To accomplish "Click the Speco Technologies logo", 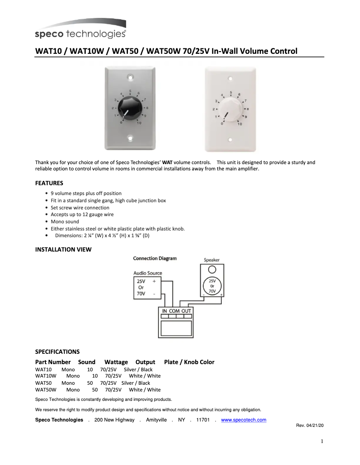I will click(80, 29).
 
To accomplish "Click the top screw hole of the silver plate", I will click(130, 77).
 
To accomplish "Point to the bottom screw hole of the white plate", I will click(231, 139).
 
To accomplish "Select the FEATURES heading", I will click(49, 183).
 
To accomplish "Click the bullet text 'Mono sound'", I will click(65, 222).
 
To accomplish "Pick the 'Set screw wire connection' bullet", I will click(80, 208).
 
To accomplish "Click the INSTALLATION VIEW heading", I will click(63, 249).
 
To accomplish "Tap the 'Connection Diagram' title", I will click(155, 258).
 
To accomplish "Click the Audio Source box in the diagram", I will click(148, 288).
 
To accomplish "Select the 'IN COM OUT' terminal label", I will click(176, 311).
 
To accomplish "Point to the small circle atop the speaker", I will click(212, 270).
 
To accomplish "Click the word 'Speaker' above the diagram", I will click(211, 260).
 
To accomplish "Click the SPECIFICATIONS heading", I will click(57, 352).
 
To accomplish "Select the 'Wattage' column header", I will click(116, 362).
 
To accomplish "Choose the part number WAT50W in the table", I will click(46, 390).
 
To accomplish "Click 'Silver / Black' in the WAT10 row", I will click(138, 369).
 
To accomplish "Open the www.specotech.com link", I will click(244, 420).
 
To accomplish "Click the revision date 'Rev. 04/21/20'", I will click(310, 425).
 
